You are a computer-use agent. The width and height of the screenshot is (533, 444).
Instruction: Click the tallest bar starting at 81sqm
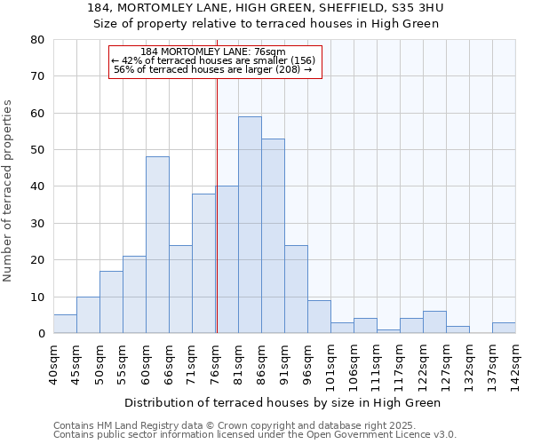(x=250, y=225)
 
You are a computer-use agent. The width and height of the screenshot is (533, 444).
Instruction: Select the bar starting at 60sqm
(x=157, y=245)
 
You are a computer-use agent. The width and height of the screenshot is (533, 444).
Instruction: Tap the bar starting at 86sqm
(x=273, y=236)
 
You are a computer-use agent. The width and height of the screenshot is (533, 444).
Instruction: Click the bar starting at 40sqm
(x=65, y=324)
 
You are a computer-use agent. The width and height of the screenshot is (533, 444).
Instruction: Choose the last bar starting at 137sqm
(x=504, y=328)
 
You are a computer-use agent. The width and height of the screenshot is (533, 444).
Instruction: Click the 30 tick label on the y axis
(x=37, y=224)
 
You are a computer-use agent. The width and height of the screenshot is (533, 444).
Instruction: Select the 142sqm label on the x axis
(x=516, y=361)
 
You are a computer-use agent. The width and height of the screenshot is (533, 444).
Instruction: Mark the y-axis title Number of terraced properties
(x=9, y=190)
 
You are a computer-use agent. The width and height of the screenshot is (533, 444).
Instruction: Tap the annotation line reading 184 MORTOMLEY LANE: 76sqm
(x=213, y=52)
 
